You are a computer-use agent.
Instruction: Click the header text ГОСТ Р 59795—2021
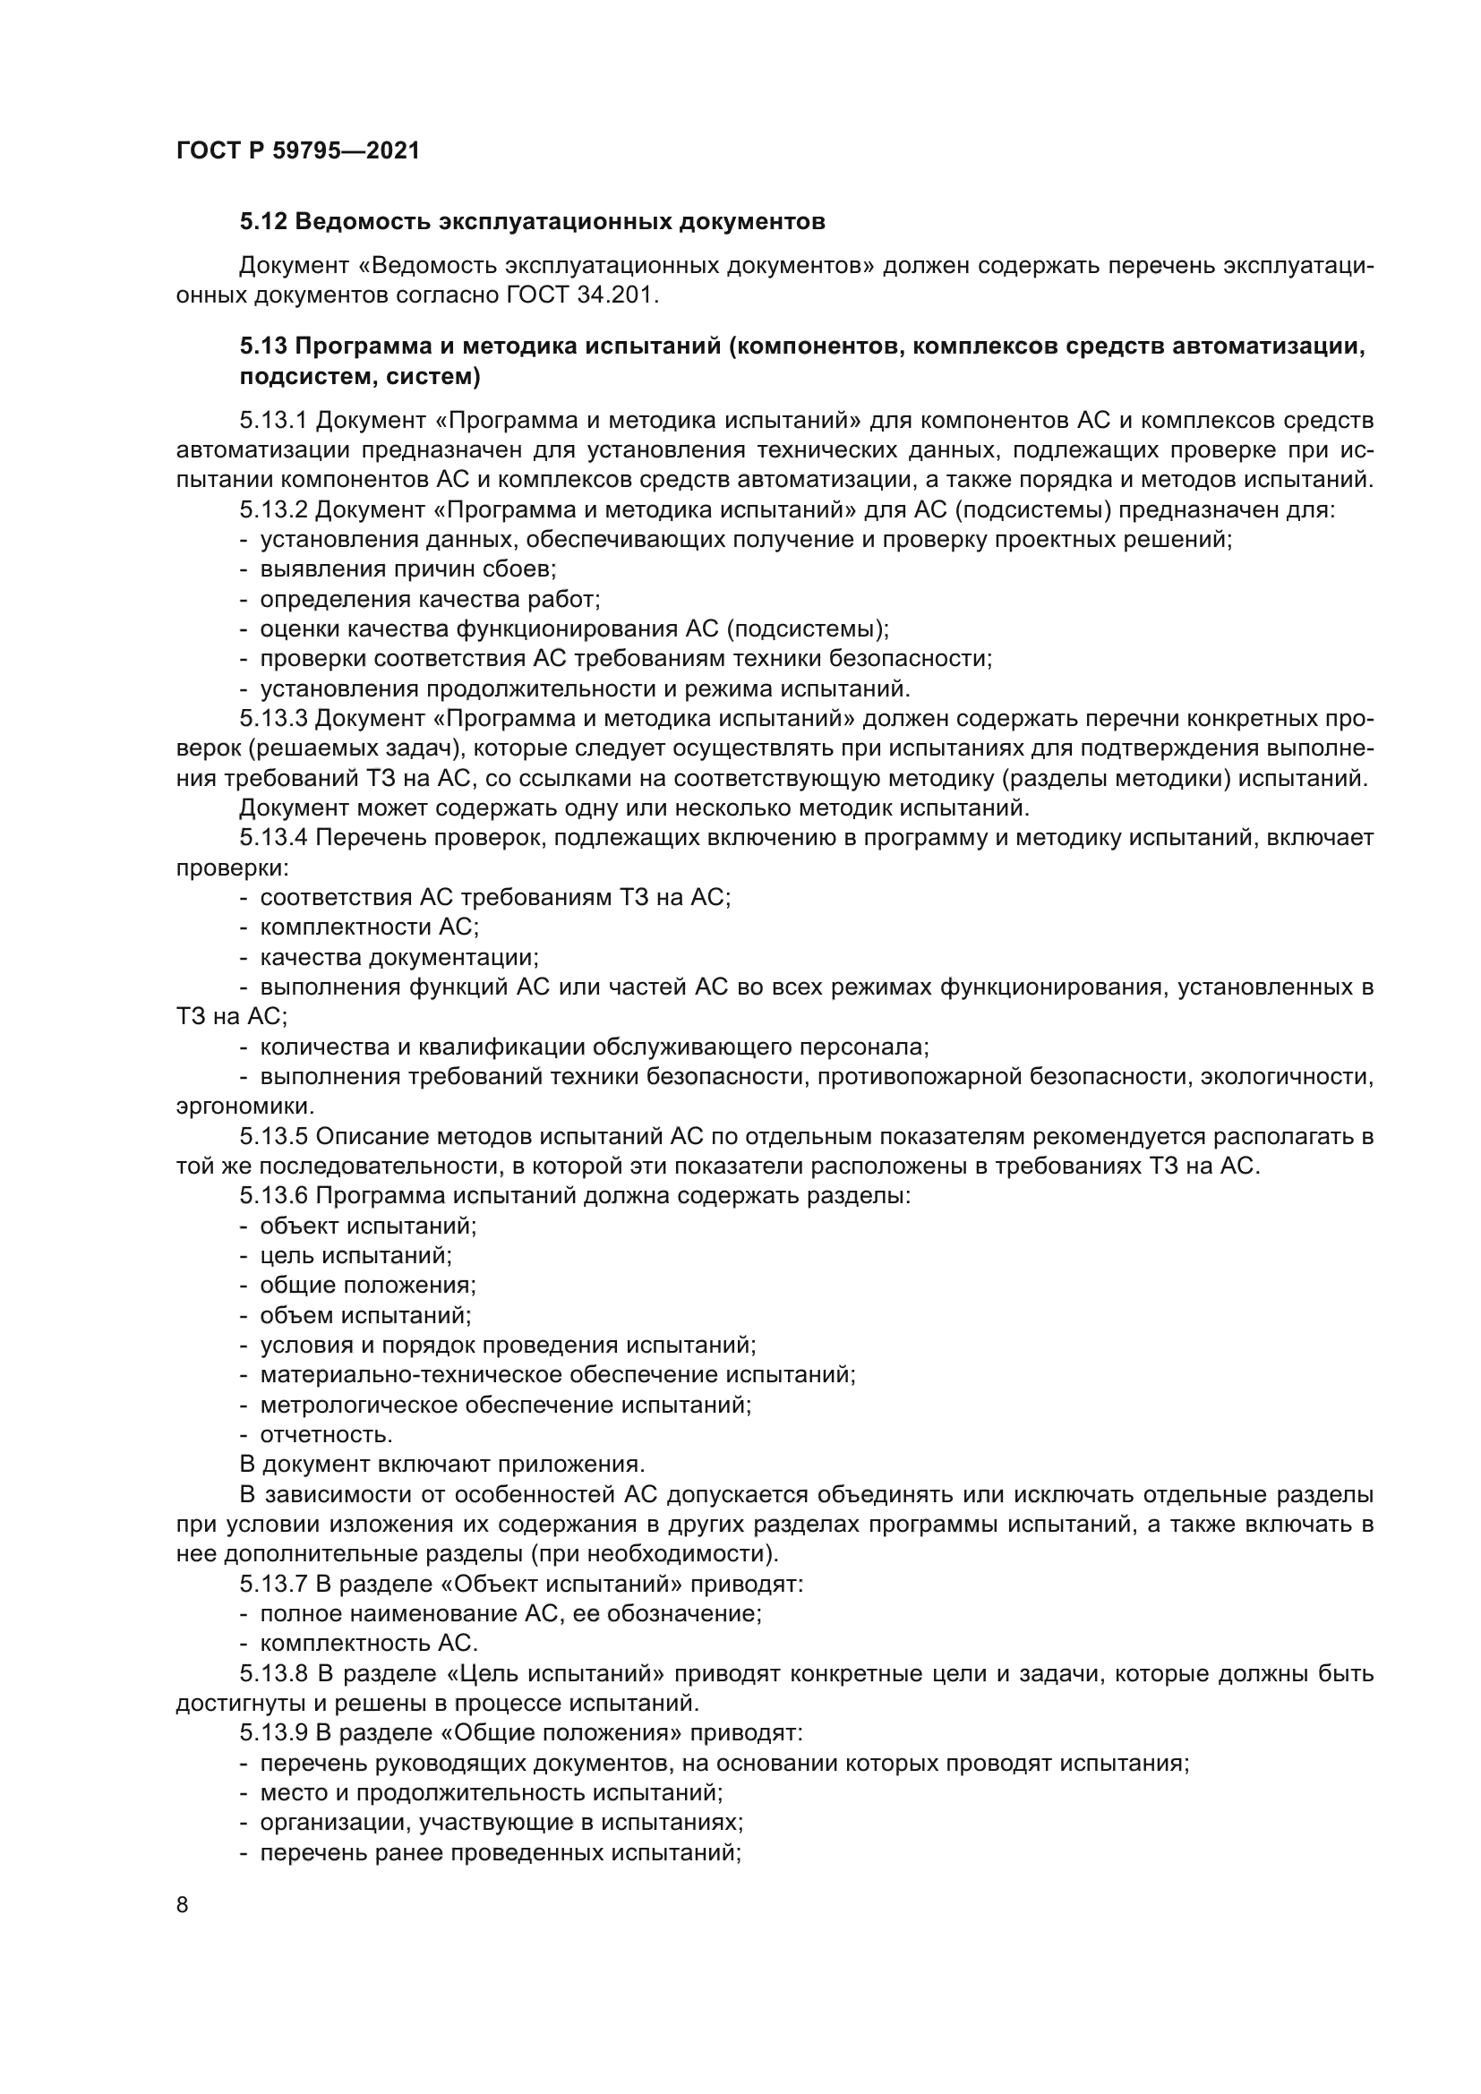click(x=297, y=151)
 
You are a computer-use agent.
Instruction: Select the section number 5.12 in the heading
click(x=263, y=222)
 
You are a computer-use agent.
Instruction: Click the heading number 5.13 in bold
click(x=263, y=346)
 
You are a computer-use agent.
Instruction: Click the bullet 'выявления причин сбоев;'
click(x=407, y=569)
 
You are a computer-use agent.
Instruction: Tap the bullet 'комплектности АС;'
click(x=369, y=927)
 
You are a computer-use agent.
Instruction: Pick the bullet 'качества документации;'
click(x=398, y=958)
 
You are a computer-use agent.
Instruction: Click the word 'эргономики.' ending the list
click(x=245, y=1107)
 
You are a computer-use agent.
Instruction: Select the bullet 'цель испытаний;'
click(x=355, y=1256)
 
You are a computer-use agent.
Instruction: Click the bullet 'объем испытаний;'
click(x=364, y=1315)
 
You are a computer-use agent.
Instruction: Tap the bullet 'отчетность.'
click(x=326, y=1434)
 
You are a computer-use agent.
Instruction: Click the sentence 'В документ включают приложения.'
click(x=441, y=1465)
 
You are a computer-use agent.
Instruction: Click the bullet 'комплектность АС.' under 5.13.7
click(x=368, y=1644)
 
